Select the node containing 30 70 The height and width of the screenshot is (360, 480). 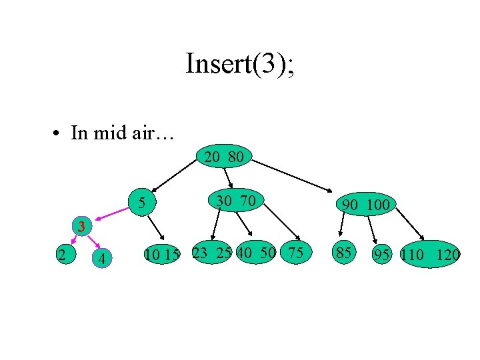[237, 199]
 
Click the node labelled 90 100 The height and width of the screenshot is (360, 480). [365, 204]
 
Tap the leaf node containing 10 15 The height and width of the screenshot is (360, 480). [161, 254]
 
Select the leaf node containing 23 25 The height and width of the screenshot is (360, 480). [211, 253]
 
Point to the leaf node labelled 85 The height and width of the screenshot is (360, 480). [344, 253]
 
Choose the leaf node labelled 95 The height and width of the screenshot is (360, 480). [382, 254]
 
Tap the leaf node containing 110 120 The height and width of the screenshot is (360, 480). [431, 254]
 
